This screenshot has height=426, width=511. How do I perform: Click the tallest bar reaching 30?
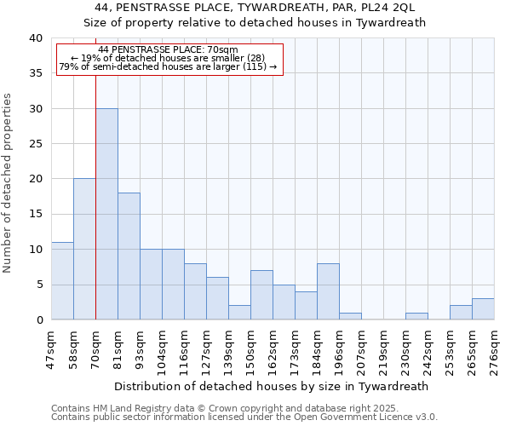click(x=106, y=214)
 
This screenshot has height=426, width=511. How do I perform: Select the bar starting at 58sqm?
click(x=84, y=249)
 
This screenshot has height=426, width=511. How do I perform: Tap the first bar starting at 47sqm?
click(x=62, y=281)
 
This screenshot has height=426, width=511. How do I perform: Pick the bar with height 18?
click(x=129, y=256)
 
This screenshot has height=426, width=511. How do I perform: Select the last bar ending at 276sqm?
click(x=483, y=309)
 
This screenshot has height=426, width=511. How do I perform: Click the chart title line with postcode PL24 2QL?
click(x=255, y=8)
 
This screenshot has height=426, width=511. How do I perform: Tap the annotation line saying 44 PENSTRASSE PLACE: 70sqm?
click(x=169, y=50)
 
